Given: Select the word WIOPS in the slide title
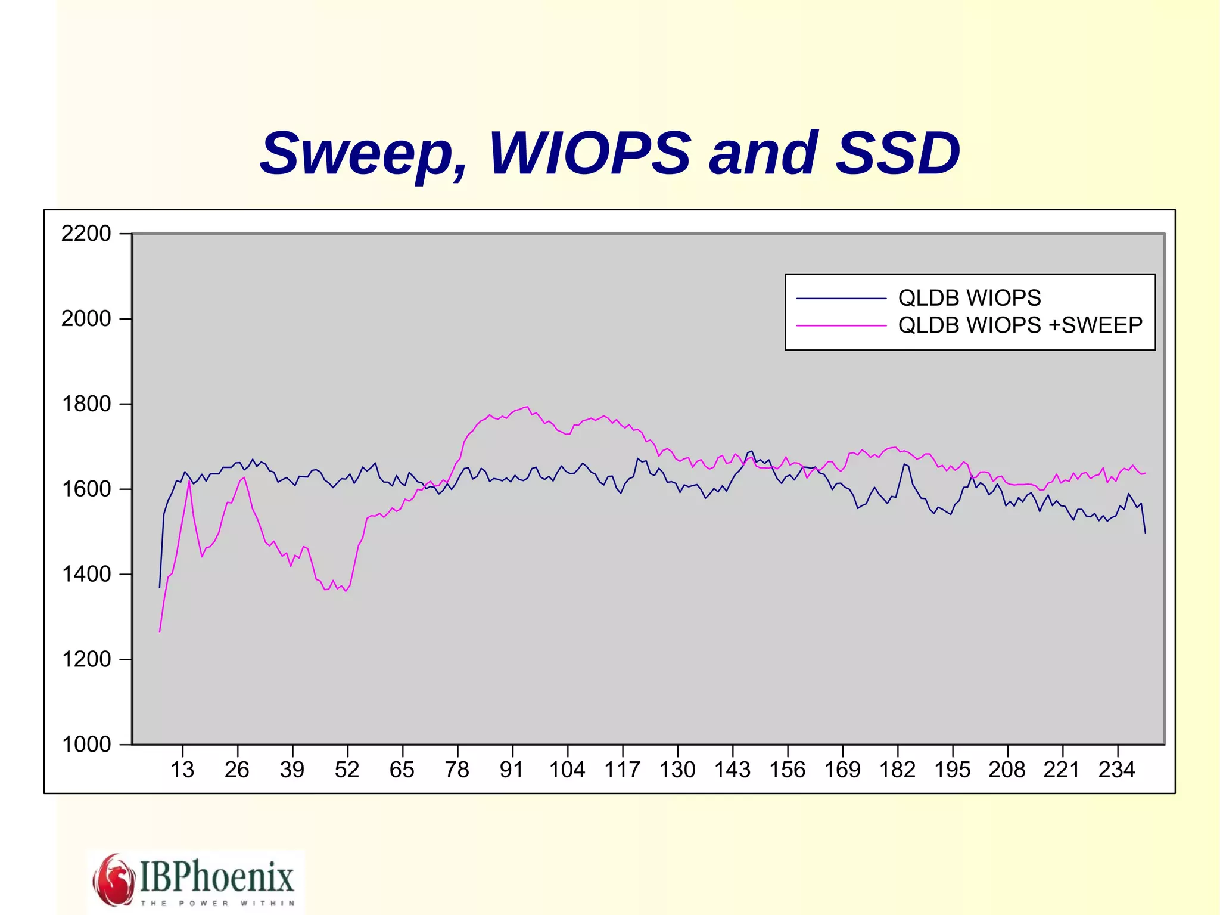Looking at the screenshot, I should pyautogui.click(x=590, y=154).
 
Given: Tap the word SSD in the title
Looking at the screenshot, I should pyautogui.click(x=898, y=154).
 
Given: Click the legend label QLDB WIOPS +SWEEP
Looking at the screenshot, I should pyautogui.click(x=1020, y=325).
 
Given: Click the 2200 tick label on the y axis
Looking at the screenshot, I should pyautogui.click(x=86, y=234).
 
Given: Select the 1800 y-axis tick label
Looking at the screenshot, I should pyautogui.click(x=86, y=404).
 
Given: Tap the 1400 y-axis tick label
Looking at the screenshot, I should pyautogui.click(x=86, y=575).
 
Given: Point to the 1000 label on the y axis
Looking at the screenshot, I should pyautogui.click(x=86, y=745).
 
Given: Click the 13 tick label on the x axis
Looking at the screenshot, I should pyautogui.click(x=182, y=770).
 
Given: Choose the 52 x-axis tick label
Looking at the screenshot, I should pyautogui.click(x=347, y=770).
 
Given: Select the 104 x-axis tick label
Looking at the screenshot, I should pyautogui.click(x=567, y=770).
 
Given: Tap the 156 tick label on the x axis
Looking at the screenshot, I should pyautogui.click(x=787, y=770).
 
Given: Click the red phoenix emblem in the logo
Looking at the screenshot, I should pyautogui.click(x=114, y=880).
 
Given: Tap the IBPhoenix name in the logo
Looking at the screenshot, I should pyautogui.click(x=217, y=876).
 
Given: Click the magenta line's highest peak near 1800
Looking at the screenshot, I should pyautogui.click(x=527, y=407).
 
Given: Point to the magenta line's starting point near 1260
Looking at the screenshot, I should pyautogui.click(x=160, y=632).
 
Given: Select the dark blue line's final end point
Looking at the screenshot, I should pyautogui.click(x=1145, y=532).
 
